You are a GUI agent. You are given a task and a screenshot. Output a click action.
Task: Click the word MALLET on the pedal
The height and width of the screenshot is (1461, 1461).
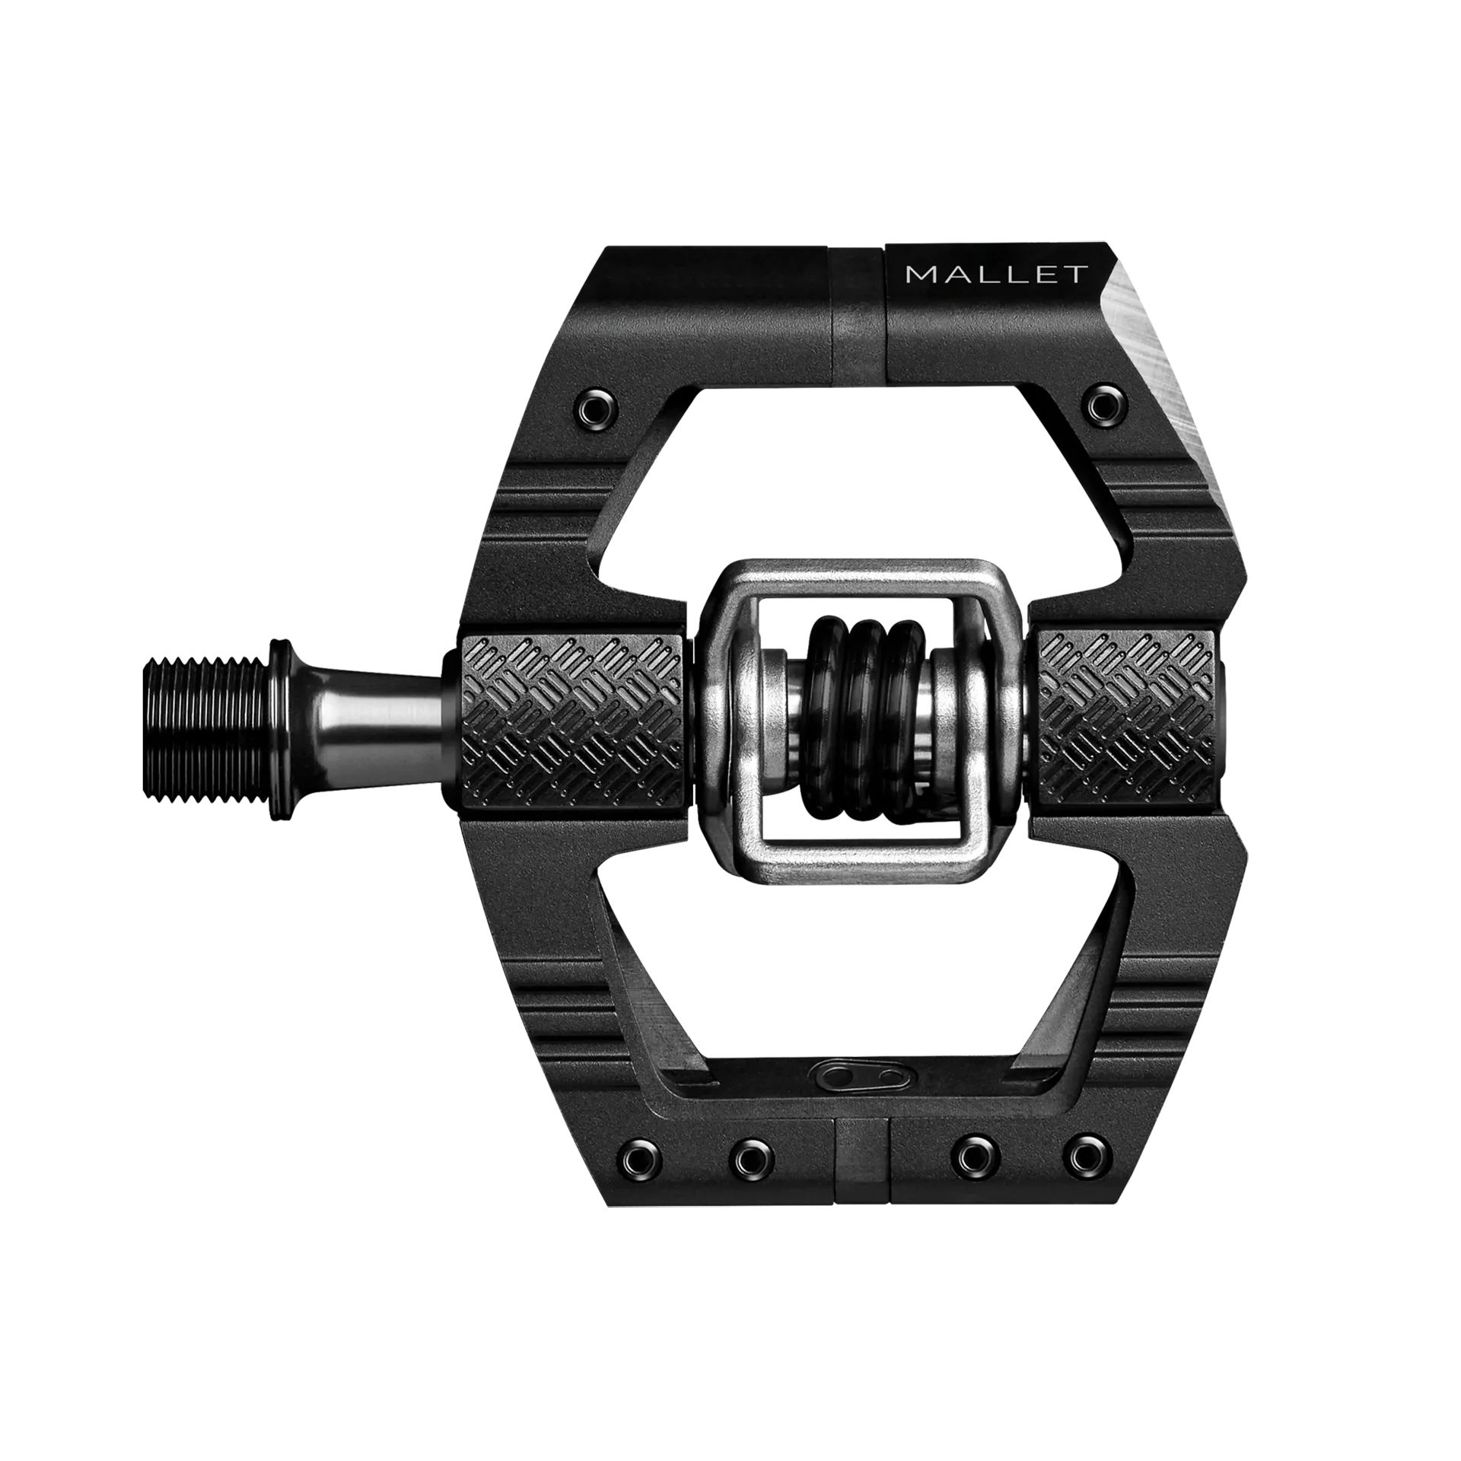[997, 274]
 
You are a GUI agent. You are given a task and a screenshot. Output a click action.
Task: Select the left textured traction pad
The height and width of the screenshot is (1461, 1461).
[573, 719]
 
